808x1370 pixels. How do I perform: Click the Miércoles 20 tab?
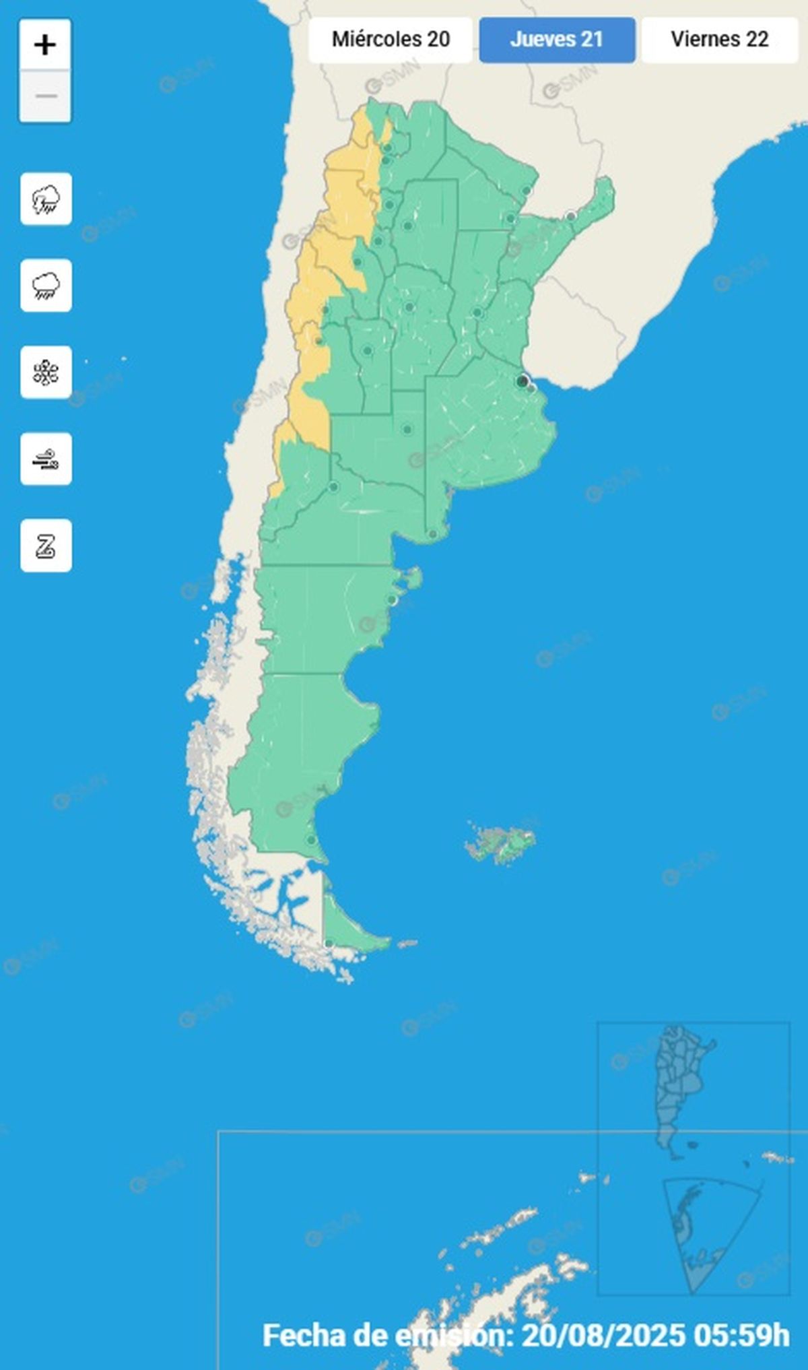tap(391, 40)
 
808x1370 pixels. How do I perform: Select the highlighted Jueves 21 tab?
tap(557, 40)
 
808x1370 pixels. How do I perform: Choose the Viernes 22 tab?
tap(719, 40)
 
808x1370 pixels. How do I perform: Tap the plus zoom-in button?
tap(45, 45)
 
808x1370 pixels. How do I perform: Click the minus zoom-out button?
tap(45, 96)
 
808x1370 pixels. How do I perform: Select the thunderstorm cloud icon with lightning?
tap(46, 199)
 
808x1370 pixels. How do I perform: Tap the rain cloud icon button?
tap(46, 286)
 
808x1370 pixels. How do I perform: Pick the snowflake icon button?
tap(46, 372)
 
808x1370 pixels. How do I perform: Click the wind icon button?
tap(46, 459)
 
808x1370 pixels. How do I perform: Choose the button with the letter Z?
tap(46, 546)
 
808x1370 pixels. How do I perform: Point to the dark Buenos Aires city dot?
tap(522, 381)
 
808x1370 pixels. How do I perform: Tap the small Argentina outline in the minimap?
tap(680, 1084)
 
